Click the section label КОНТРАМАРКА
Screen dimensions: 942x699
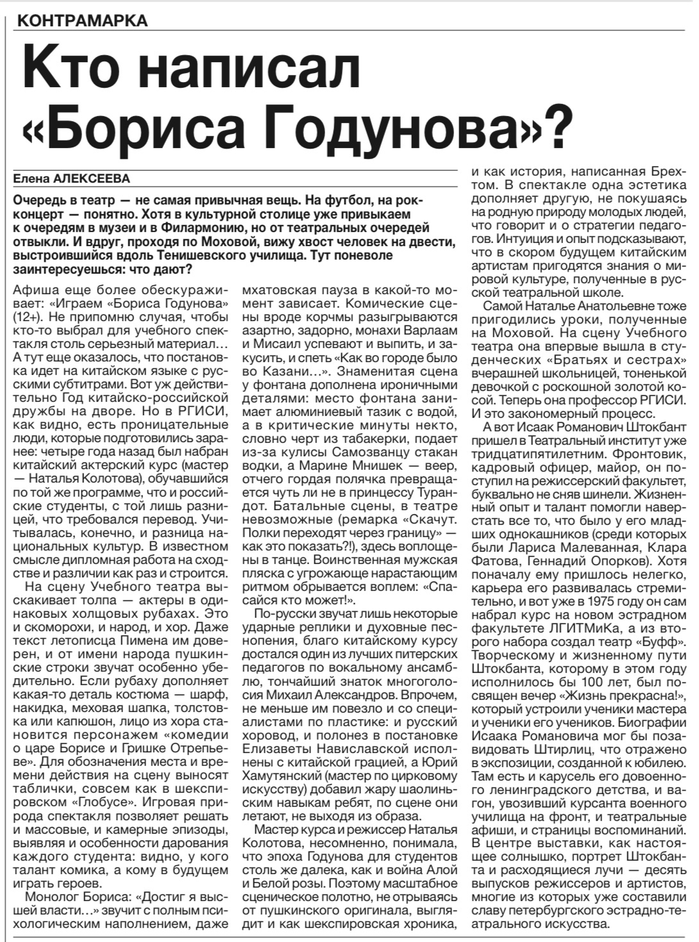[x=83, y=21]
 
